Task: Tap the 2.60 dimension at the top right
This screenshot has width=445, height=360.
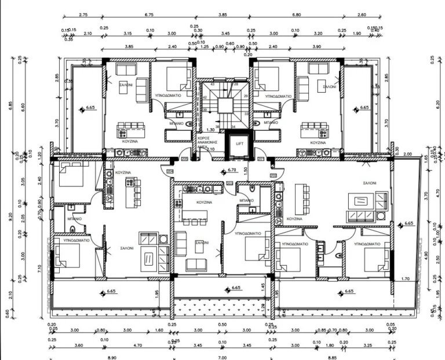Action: pos(362,14)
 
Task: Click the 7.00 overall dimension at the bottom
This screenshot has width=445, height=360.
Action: pos(222,358)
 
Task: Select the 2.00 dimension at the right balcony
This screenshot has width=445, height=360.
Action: pos(407,154)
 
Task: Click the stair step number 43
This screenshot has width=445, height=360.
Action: pos(212,85)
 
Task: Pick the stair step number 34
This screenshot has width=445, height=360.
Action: pos(233,126)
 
